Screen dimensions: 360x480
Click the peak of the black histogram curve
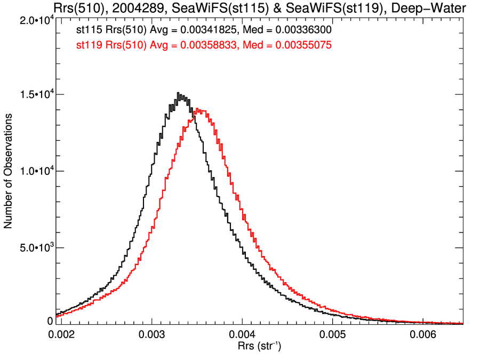178,93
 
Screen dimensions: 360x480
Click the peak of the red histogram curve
198,109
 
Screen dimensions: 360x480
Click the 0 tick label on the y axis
50,321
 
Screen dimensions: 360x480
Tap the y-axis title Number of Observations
9,171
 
